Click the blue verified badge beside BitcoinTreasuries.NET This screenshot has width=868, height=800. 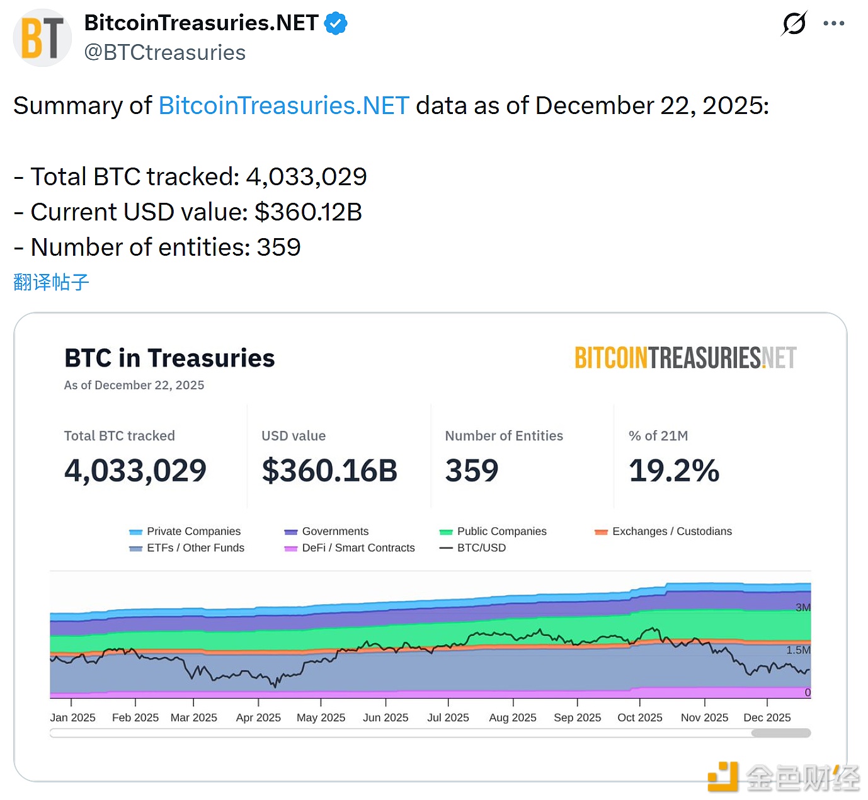pyautogui.click(x=336, y=24)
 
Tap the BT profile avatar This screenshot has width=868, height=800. pyautogui.click(x=42, y=38)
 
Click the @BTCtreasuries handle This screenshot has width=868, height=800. pyautogui.click(x=164, y=52)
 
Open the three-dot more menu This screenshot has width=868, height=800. pyautogui.click(x=833, y=24)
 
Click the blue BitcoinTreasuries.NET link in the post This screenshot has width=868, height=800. pyautogui.click(x=284, y=106)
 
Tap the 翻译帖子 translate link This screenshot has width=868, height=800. pyautogui.click(x=51, y=282)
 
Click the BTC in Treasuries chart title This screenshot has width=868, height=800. pyautogui.click(x=169, y=358)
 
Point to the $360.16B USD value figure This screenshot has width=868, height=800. pyautogui.click(x=329, y=471)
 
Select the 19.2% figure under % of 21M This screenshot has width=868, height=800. pyautogui.click(x=673, y=471)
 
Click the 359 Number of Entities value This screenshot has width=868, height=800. pyautogui.click(x=471, y=471)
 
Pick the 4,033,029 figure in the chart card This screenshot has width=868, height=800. pyautogui.click(x=135, y=471)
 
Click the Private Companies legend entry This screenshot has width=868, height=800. pyautogui.click(x=186, y=531)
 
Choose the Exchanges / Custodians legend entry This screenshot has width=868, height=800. pyautogui.click(x=664, y=531)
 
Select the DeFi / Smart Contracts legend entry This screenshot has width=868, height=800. pyautogui.click(x=350, y=547)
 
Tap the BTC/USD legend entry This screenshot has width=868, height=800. pyautogui.click(x=474, y=547)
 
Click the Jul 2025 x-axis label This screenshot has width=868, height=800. pyautogui.click(x=448, y=717)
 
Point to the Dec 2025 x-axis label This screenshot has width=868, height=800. pyautogui.click(x=767, y=717)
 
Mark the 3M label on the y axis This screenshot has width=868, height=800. pyautogui.click(x=802, y=607)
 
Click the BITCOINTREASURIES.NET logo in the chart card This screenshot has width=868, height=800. pyautogui.click(x=685, y=358)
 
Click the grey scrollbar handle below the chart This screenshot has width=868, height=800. pyautogui.click(x=780, y=733)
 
